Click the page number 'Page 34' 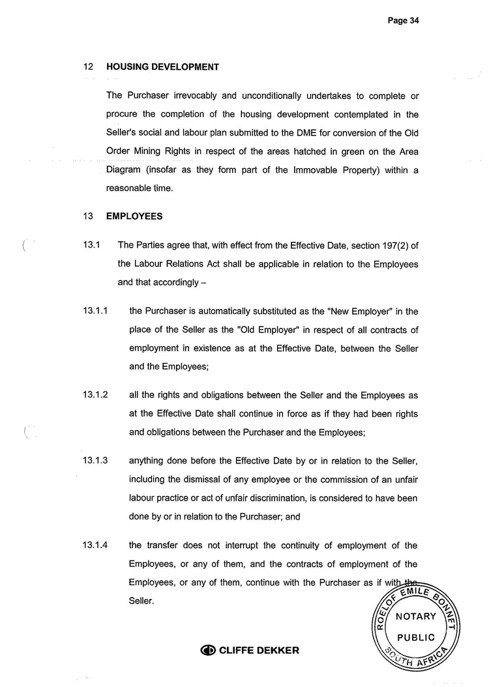point(403,20)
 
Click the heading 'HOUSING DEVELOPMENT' point(162,66)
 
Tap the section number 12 point(89,66)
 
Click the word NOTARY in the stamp point(415,617)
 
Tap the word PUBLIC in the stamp point(415,637)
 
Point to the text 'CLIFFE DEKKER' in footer point(259,650)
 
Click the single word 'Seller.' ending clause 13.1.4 point(141,601)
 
